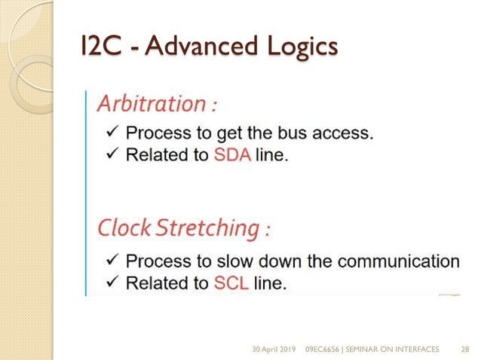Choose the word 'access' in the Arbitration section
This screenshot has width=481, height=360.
click(345, 134)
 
